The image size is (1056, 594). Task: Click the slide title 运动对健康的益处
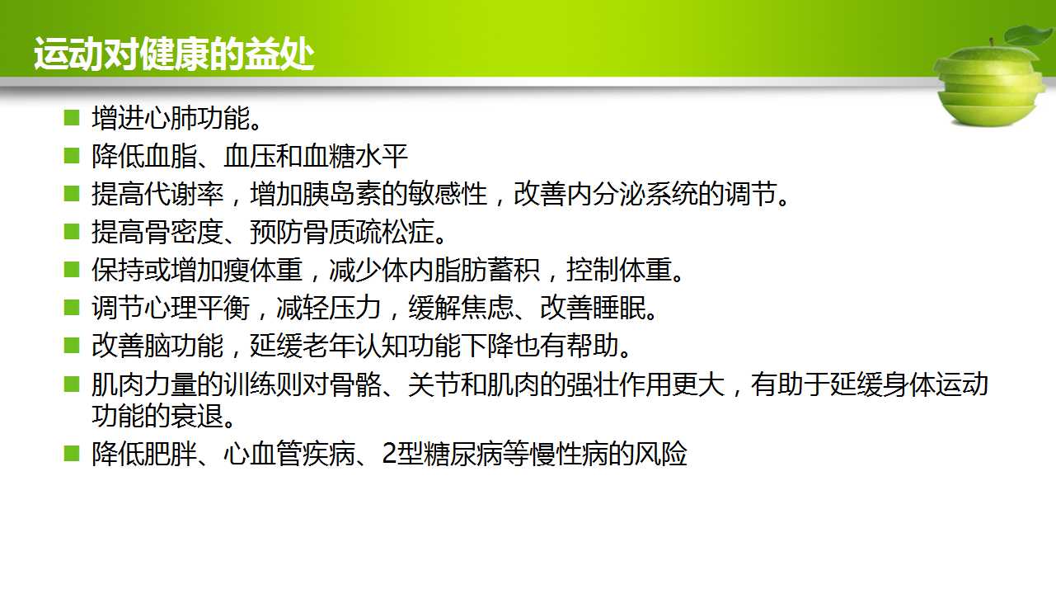[174, 54]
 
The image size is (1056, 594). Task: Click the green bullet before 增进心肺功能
[72, 117]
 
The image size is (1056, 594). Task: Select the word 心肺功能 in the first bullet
[197, 118]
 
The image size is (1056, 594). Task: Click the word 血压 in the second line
[250, 156]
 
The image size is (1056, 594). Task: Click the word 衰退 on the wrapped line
[197, 416]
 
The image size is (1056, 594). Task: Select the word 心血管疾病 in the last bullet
[289, 454]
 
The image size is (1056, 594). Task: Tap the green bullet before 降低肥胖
[72, 454]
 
